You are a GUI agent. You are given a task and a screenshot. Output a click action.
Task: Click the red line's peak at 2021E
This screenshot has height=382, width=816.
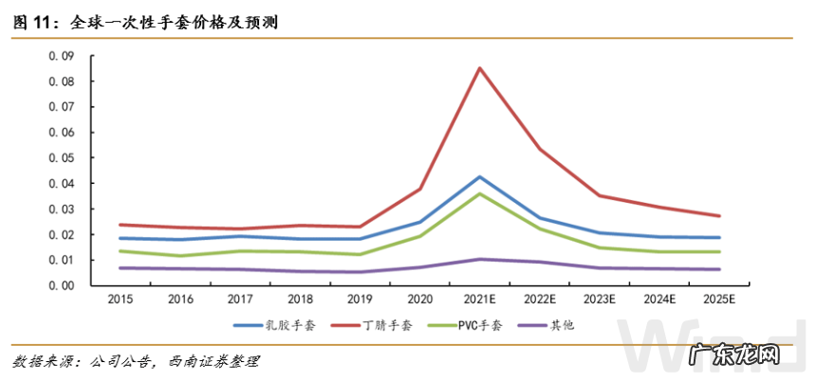[479, 67]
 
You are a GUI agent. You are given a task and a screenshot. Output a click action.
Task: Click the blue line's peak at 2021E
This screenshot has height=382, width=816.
[479, 176]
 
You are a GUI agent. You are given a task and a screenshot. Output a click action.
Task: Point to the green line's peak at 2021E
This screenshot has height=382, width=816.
[479, 193]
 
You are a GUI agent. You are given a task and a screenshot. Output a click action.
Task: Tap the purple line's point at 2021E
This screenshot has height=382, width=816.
[479, 259]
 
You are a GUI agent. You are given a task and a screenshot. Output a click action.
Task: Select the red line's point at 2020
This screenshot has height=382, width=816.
[420, 189]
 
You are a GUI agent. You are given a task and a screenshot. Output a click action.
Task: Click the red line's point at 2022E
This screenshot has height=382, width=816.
[539, 149]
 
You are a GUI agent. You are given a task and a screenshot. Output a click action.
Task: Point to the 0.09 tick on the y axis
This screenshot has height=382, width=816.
[62, 56]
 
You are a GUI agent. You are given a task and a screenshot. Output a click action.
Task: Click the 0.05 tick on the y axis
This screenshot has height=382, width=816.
[62, 158]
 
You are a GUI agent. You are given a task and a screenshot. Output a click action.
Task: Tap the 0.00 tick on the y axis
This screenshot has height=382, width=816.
[62, 285]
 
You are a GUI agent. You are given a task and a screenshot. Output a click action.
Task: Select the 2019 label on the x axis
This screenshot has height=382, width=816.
[361, 299]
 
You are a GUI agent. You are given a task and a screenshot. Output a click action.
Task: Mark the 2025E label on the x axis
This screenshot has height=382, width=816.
[718, 299]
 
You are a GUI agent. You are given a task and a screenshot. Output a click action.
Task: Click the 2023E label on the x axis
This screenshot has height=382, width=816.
[599, 299]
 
